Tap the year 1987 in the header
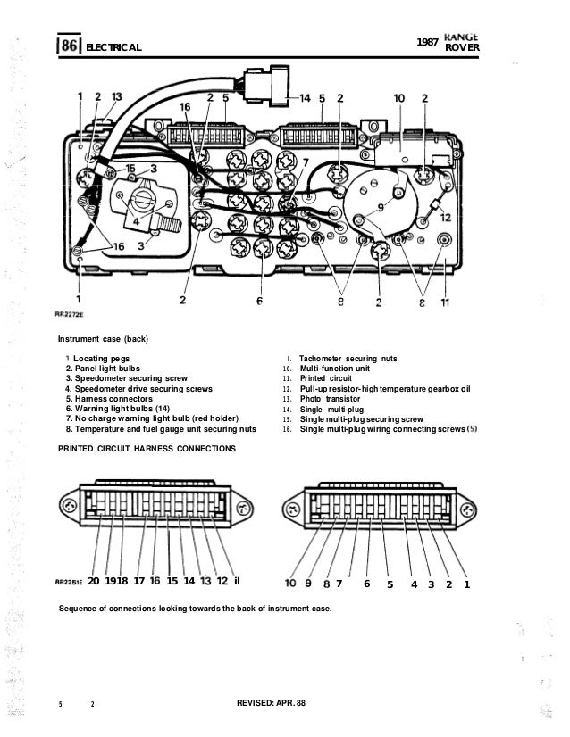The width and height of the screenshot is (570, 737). (430, 42)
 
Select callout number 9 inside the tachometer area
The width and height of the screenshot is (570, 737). (381, 207)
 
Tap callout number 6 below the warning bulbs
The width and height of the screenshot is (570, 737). (258, 302)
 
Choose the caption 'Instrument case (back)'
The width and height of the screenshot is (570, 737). (105, 339)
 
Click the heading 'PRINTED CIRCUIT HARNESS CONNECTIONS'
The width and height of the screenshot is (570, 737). (147, 447)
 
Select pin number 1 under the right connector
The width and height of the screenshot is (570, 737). (467, 584)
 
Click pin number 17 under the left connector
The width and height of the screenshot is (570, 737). (138, 581)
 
